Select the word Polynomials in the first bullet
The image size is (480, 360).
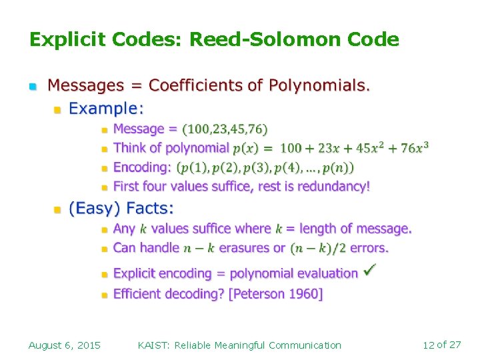pos(318,85)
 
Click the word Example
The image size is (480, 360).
pos(106,107)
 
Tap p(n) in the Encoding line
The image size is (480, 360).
pos(341,167)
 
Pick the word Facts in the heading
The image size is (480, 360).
pos(150,209)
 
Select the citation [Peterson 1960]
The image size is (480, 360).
pos(275,294)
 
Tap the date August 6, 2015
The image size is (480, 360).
pos(65,345)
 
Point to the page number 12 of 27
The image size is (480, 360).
pos(441,345)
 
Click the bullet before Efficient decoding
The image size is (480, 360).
pos(104,294)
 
